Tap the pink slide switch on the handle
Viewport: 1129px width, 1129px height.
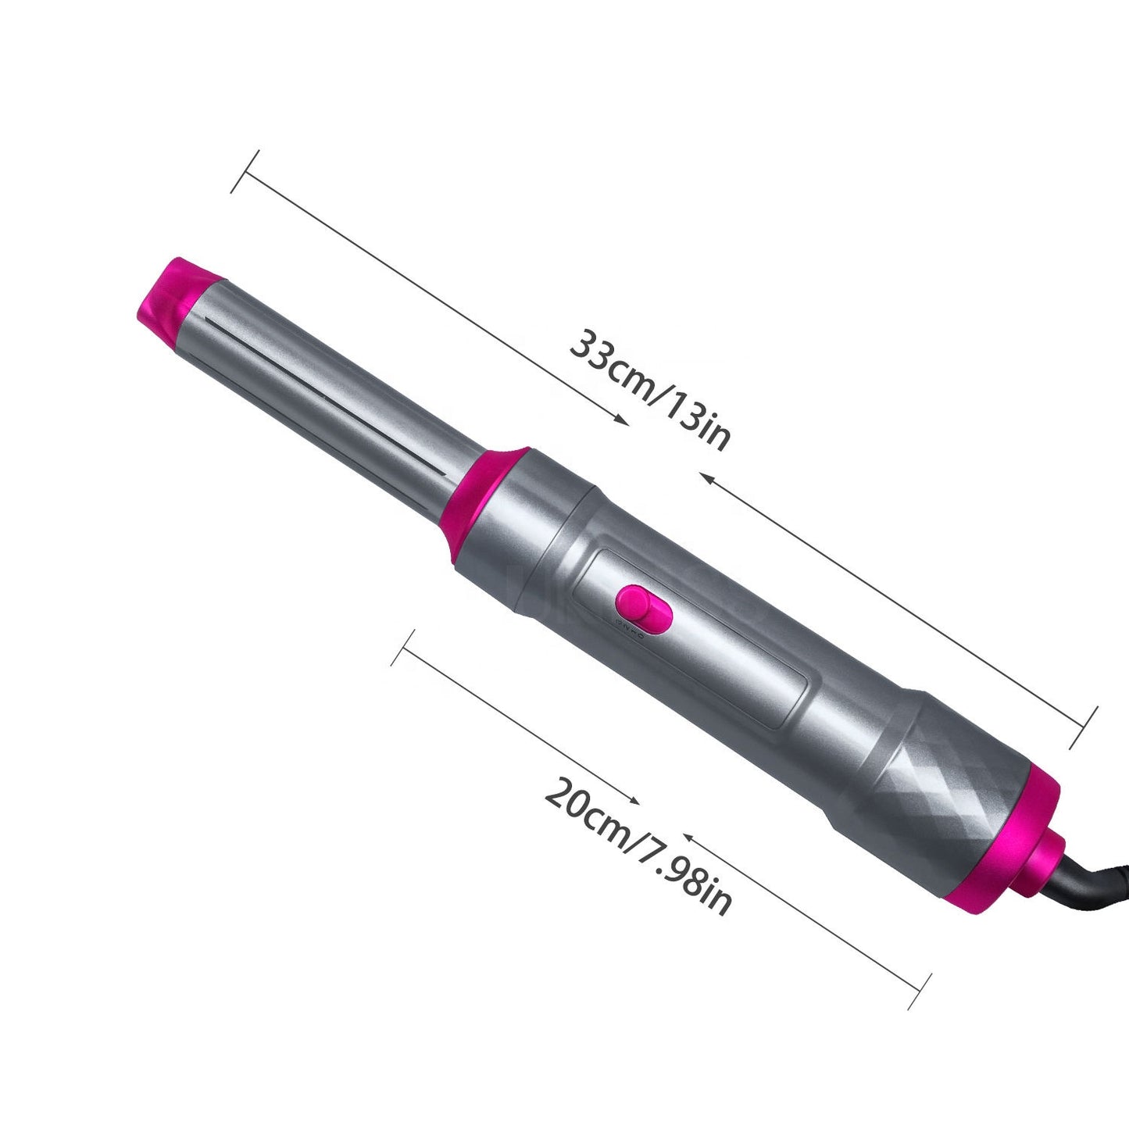tap(643, 607)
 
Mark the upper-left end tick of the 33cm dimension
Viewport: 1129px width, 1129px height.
tap(245, 171)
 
